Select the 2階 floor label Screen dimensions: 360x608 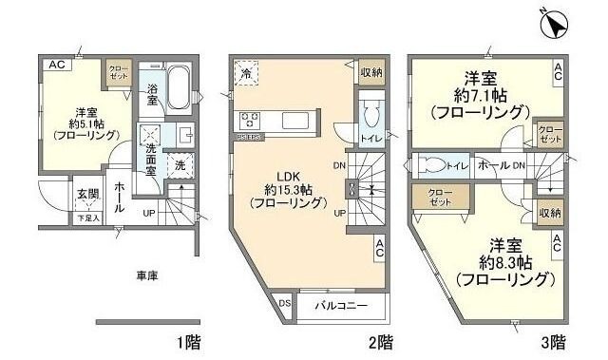click(379, 340)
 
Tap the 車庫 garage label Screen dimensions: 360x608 click(146, 275)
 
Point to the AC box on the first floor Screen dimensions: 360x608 click(56, 65)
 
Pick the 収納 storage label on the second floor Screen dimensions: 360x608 click(371, 71)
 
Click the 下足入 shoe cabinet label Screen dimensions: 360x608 click(87, 218)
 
